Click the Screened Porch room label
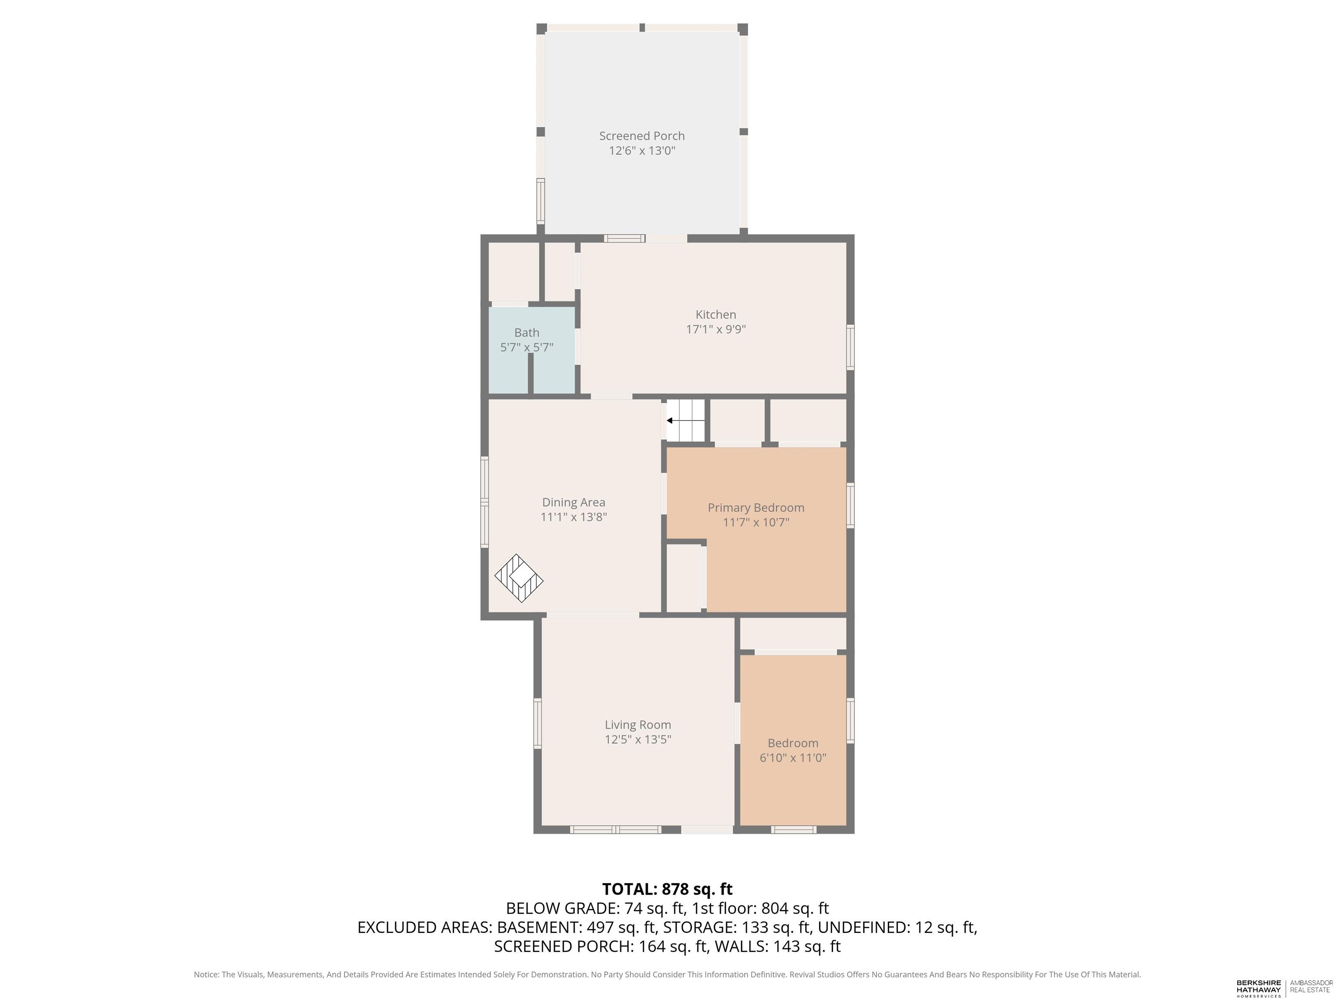[641, 136]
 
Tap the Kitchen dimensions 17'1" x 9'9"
[716, 329]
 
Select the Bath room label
[527, 332]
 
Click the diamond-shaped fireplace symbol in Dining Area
[519, 578]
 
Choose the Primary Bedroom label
[756, 508]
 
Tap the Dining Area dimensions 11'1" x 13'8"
[573, 517]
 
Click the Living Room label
[638, 725]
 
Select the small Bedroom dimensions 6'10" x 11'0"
[793, 758]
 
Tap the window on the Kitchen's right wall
[850, 347]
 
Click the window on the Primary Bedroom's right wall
[850, 505]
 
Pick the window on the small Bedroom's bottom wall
[794, 830]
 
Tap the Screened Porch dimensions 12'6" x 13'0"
[641, 150]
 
